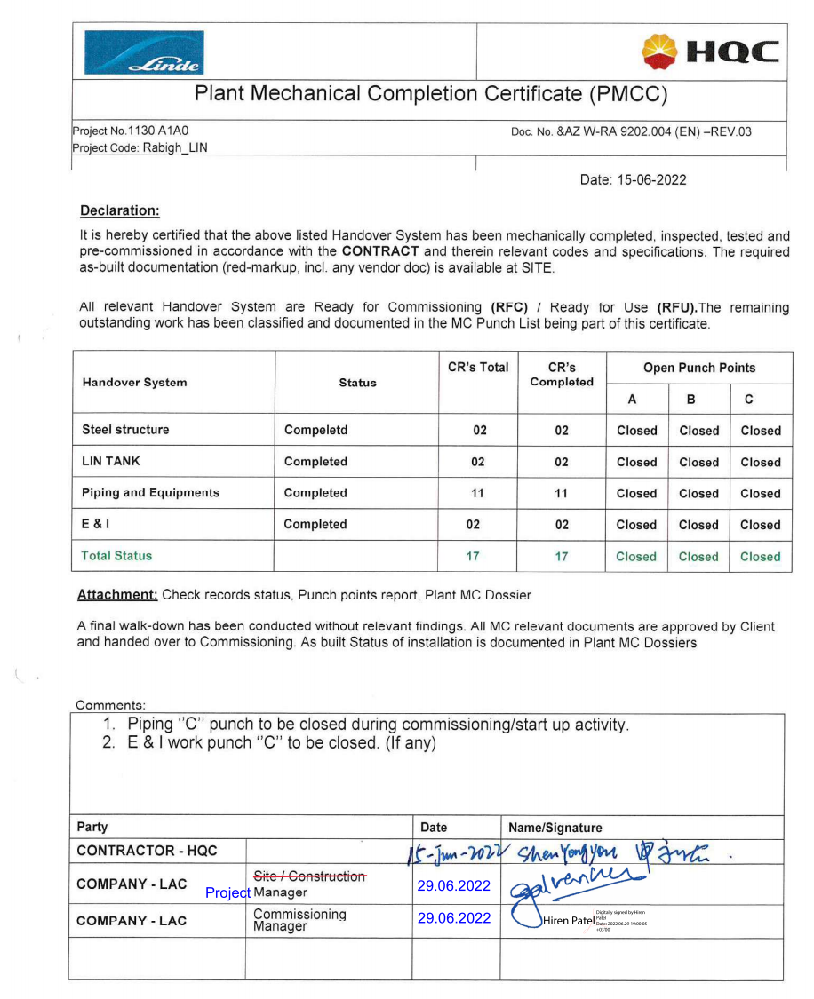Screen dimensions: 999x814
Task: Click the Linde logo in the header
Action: tap(144, 53)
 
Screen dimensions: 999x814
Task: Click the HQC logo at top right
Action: tap(710, 52)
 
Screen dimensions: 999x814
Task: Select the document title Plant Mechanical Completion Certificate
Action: tap(431, 94)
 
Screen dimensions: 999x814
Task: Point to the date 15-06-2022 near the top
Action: tap(633, 179)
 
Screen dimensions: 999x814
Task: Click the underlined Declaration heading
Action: tap(120, 210)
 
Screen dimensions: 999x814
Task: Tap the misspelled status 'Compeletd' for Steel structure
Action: tap(315, 430)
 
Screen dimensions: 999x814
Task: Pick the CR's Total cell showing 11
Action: tap(478, 493)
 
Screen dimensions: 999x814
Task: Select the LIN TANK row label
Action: tap(111, 461)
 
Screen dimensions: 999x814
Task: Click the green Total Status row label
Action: tap(116, 556)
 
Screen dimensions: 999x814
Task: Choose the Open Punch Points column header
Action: tap(699, 368)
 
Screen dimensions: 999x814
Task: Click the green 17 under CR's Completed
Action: tap(561, 557)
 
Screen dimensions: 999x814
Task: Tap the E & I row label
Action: tap(96, 524)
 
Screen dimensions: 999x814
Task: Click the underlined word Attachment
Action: tap(117, 594)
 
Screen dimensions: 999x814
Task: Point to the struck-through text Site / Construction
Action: tap(309, 876)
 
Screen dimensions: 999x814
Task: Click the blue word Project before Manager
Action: tap(228, 892)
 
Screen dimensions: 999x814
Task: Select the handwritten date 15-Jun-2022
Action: tap(455, 854)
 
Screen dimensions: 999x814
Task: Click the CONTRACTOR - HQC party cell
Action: tap(147, 851)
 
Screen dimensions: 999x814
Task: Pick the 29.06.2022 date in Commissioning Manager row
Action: tap(453, 918)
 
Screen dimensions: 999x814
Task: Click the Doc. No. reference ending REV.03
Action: tap(631, 132)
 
